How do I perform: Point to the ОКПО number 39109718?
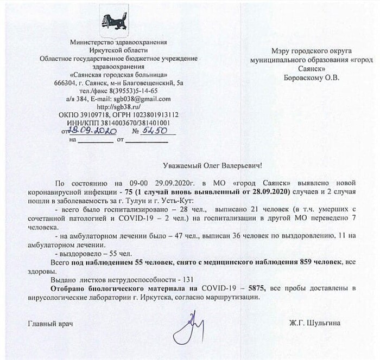92,115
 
